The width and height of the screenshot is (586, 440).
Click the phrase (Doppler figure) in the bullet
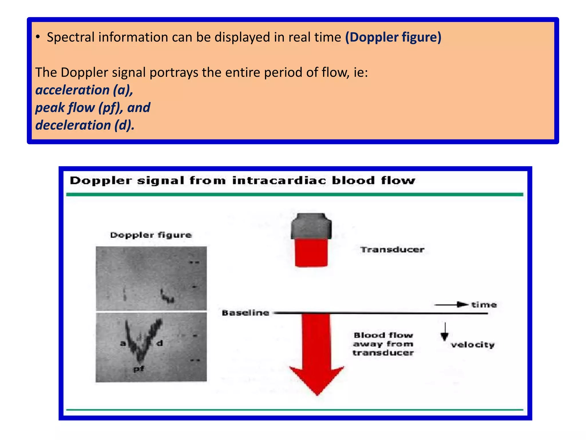click(x=393, y=37)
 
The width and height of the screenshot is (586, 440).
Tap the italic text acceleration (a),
click(x=84, y=90)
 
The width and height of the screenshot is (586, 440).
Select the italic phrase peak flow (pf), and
click(x=93, y=108)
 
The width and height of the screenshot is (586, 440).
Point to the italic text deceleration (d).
click(x=85, y=125)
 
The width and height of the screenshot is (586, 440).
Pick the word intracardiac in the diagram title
click(x=279, y=181)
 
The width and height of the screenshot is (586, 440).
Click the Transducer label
click(x=392, y=250)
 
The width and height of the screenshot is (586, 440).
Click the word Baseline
click(x=246, y=313)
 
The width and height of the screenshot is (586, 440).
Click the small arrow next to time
click(x=452, y=305)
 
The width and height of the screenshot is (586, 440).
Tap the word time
click(x=484, y=305)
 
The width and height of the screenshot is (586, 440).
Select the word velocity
click(x=473, y=345)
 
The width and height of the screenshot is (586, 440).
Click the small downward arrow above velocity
click(x=444, y=332)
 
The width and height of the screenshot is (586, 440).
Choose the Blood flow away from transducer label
click(x=383, y=344)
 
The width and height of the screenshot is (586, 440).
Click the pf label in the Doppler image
click(x=139, y=369)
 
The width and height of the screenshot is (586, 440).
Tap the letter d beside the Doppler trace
click(x=160, y=343)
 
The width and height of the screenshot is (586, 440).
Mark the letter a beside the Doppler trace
click(x=123, y=343)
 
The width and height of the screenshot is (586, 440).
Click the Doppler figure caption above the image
click(x=151, y=235)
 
